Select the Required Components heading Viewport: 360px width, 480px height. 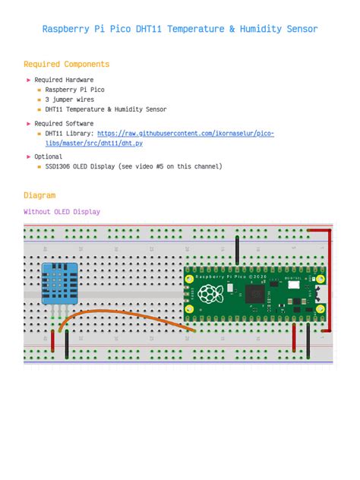point(66,65)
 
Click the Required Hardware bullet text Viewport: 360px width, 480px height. point(64,80)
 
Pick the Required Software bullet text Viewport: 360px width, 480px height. point(64,124)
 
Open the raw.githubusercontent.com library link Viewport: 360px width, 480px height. point(185,134)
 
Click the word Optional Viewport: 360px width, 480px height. point(49,157)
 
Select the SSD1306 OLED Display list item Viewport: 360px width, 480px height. point(133,167)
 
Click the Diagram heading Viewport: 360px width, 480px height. point(39,195)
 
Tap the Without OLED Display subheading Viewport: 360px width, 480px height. point(62,212)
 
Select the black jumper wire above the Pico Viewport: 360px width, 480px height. point(238,249)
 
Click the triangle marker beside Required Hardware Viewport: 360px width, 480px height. point(28,80)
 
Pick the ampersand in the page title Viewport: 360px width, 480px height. point(231,30)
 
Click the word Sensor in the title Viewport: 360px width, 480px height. point(302,30)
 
